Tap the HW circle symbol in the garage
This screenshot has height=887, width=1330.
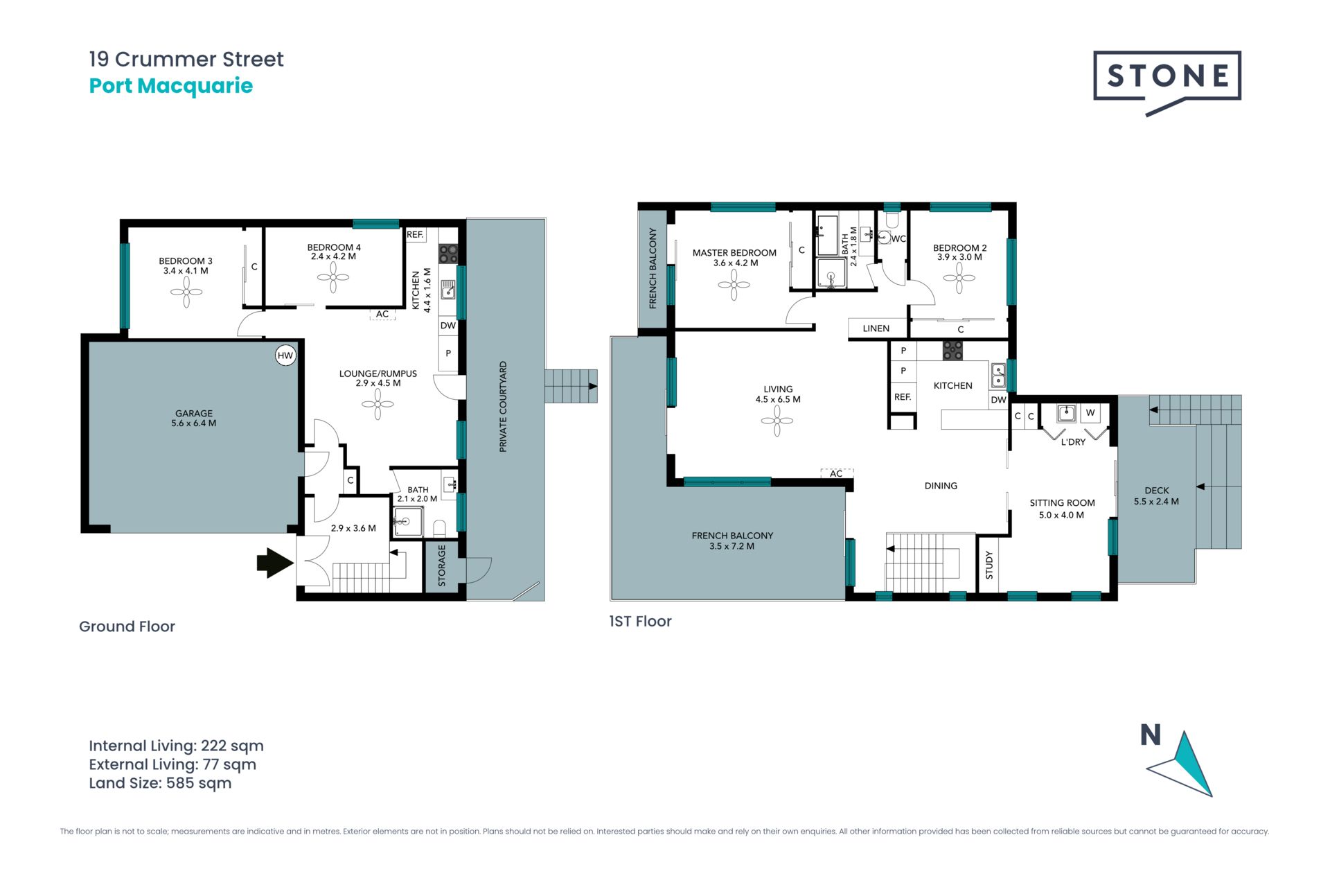point(285,355)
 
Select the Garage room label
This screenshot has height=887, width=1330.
point(194,418)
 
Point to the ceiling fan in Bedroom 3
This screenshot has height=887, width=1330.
point(186,292)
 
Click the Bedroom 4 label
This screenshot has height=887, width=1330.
point(334,252)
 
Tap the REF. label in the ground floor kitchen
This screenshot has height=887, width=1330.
point(415,235)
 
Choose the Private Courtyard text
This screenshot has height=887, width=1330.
point(504,407)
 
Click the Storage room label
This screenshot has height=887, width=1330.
point(442,565)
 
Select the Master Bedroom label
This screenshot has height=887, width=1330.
point(734,258)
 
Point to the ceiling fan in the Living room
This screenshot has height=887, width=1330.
point(777,421)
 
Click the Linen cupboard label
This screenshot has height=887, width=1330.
point(876,328)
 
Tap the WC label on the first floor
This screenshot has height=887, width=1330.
point(898,239)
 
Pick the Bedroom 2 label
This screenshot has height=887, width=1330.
point(960,252)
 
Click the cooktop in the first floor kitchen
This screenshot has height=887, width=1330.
point(952,351)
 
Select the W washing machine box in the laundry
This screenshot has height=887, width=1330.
point(1090,413)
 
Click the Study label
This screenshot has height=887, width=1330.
point(989,565)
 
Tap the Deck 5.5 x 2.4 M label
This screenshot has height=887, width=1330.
point(1156,496)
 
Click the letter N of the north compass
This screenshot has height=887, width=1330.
point(1151,735)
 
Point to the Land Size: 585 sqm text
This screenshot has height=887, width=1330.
point(160,783)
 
